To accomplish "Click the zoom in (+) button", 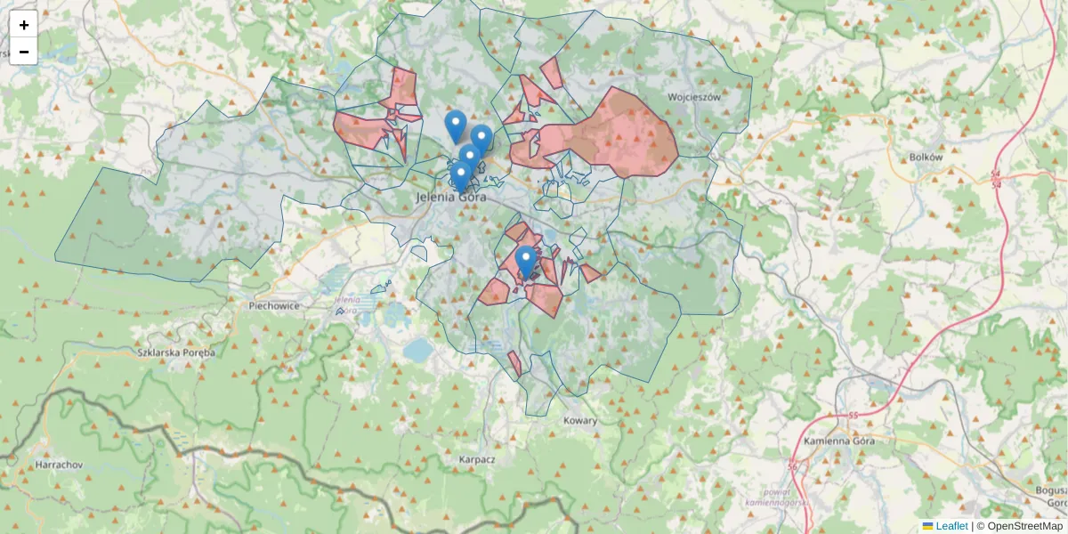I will pos(24,25).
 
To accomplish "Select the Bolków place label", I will pos(926,157).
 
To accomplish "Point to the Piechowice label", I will pos(274,305).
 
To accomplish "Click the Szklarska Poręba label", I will pos(177,352).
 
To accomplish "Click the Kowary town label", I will pos(581,420).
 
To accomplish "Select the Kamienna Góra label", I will pos(838,441).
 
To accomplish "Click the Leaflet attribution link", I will pos(951,526).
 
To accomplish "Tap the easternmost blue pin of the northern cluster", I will pos(481,140).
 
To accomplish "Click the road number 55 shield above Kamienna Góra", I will pos(853,416).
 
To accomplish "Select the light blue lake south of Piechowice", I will pos(416,350).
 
